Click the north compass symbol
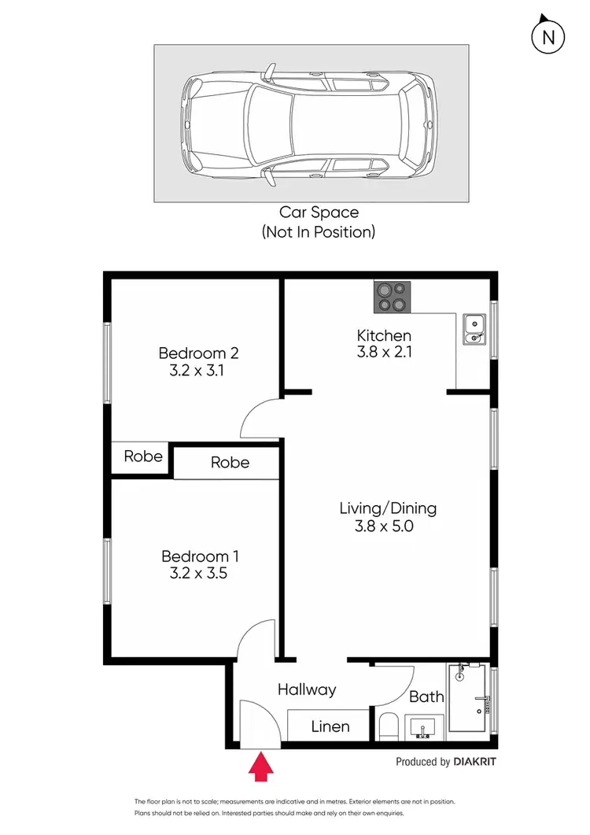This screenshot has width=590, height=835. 549,35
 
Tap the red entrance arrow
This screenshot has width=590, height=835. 260,767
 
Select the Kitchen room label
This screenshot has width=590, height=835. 384,336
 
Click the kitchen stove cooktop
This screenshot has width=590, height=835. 393,297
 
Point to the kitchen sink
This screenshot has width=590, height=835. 474,330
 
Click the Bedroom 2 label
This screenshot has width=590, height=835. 198,353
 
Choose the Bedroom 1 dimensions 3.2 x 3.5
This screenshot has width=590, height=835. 198,574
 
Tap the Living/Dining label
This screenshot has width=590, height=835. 387,508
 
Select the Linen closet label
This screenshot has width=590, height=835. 330,726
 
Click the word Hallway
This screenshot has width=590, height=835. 307,689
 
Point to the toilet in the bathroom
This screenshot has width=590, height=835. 388,726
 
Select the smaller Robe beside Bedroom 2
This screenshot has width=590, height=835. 143,456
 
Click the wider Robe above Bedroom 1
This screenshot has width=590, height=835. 230,463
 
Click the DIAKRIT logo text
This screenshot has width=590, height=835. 475,762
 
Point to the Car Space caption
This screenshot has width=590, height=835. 319,212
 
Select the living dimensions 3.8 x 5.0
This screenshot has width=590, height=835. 384,526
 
